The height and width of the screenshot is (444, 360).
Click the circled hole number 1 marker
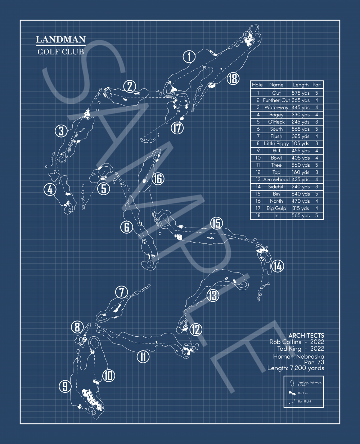(x=189, y=57)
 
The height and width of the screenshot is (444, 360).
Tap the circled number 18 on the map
(x=233, y=78)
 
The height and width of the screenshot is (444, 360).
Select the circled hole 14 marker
(x=277, y=266)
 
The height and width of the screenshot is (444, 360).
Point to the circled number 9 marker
(x=65, y=386)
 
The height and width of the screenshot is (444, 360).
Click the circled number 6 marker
(x=127, y=227)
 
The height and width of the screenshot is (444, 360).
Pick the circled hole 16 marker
(x=158, y=179)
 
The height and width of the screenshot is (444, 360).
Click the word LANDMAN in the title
(x=61, y=40)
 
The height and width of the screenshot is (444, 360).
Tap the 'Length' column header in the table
(x=300, y=85)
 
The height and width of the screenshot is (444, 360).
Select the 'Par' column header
(x=316, y=85)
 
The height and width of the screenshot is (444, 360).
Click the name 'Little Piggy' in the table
(x=276, y=143)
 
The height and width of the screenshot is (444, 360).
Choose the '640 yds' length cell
(x=301, y=194)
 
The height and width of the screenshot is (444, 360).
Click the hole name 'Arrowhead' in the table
(x=276, y=179)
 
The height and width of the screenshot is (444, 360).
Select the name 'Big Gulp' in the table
(x=276, y=208)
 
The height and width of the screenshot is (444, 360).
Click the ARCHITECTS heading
(x=306, y=335)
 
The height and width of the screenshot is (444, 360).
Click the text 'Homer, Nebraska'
(x=298, y=356)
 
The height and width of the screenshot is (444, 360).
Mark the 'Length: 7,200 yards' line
(x=296, y=368)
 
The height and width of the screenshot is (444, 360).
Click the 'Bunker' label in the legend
(x=303, y=393)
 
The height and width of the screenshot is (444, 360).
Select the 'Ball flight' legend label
(x=304, y=401)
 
